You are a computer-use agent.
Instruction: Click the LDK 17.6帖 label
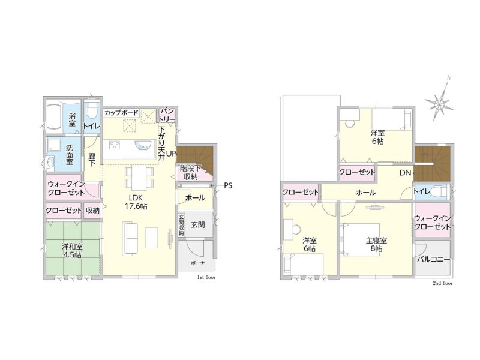pos(136,202)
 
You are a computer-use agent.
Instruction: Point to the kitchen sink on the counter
pos(142,145)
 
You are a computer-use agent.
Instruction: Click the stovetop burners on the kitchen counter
pos(115,145)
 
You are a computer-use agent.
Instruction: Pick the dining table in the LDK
pos(139,177)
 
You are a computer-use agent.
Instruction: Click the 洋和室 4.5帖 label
pos(72,250)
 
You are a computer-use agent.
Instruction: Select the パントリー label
pos(167,115)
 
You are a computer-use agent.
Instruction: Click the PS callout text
pos(228,185)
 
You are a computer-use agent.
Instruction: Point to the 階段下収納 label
pos(191,172)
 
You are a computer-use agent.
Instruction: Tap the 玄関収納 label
pos(181,224)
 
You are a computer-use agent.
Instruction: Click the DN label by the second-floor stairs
pos(406,173)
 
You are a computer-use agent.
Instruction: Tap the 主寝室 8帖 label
pos(376,244)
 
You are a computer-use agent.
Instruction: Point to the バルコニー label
pos(433,260)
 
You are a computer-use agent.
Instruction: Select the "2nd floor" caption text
pos(443,283)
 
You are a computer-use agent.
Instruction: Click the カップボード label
pos(122,113)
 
